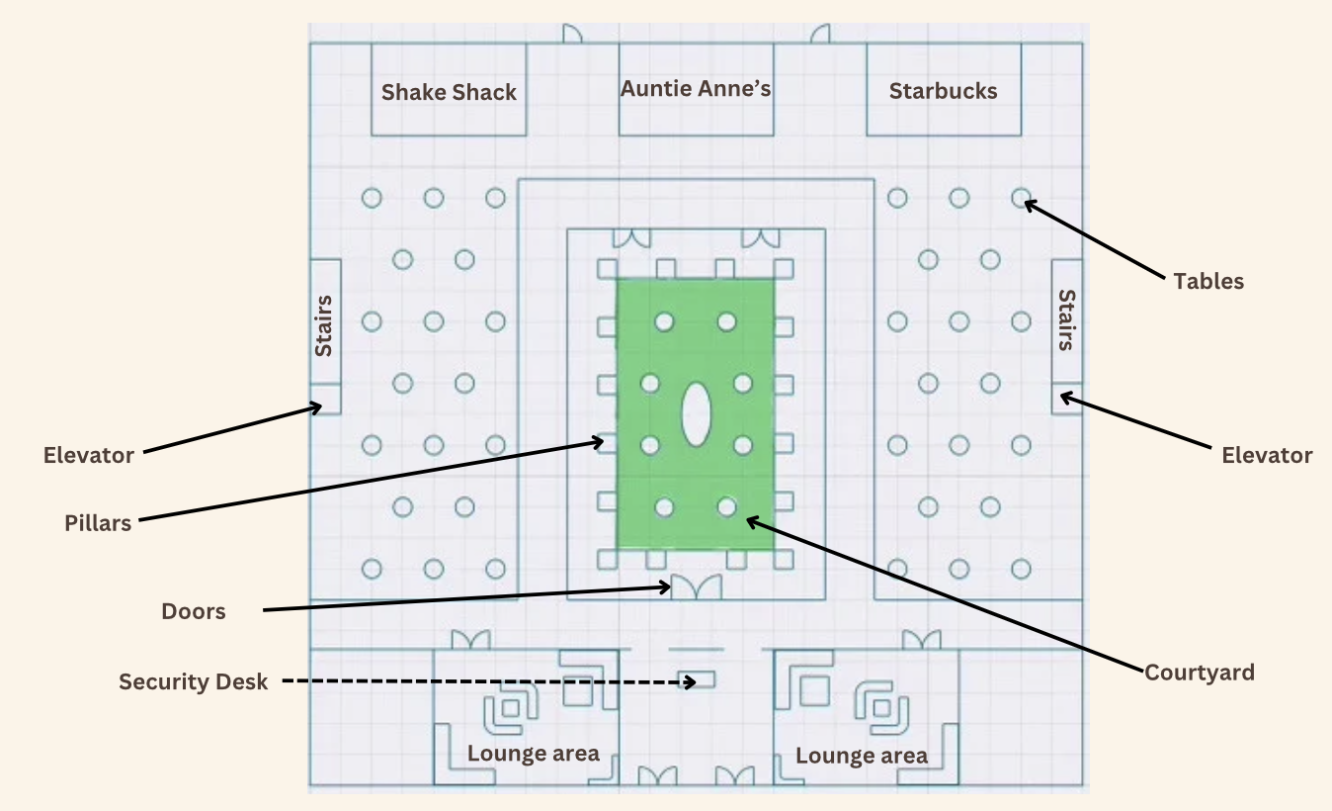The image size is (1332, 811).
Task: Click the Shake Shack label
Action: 449,92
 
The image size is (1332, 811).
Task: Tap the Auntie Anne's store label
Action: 696,89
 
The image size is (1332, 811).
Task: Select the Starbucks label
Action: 943,91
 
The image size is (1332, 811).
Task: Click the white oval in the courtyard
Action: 696,414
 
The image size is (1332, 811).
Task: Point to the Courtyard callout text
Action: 1200,673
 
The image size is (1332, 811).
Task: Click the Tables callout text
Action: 1208,281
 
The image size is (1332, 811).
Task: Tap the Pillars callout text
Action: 98,523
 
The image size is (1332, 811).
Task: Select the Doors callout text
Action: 194,611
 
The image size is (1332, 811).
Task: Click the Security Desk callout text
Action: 194,681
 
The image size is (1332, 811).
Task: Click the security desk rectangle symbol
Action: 697,679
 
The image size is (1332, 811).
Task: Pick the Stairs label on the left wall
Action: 323,326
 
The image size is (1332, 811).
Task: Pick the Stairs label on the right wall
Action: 1067,320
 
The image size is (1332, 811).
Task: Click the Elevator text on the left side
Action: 89,455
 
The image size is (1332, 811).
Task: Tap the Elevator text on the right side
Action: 1267,455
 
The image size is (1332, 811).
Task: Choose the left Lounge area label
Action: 533,754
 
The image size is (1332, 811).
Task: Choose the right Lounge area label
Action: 862,756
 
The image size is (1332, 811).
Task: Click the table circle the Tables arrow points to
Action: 1021,198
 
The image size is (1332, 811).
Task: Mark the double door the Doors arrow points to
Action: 697,587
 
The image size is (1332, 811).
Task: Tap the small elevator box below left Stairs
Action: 325,399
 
